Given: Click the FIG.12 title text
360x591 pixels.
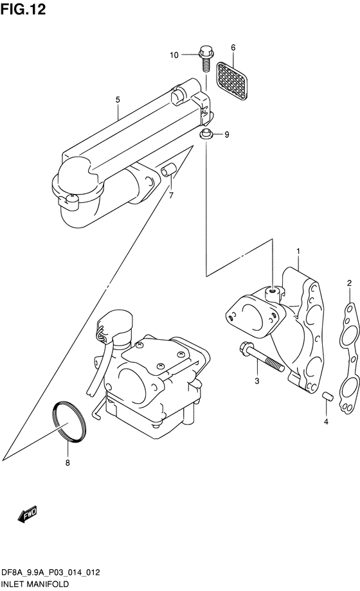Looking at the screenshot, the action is pos(23,9).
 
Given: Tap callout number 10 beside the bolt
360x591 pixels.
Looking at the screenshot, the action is pos(174,55).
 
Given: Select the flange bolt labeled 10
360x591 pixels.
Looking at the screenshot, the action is pos(205,59).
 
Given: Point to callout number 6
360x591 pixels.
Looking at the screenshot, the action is pos(233,48).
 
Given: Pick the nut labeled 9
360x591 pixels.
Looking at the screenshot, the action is pos(206,134).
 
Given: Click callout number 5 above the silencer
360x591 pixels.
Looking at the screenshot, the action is pos(118,100).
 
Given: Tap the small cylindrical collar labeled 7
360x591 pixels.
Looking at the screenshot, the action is pos(167,170).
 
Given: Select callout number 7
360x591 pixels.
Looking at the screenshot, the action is pos(171,196).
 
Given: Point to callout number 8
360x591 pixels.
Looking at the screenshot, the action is pos(67,463).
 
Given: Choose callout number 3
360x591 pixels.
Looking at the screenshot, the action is pos(257,381).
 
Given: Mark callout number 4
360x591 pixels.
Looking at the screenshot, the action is pos(326,422).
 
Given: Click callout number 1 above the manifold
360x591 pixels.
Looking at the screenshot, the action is pos(298,251).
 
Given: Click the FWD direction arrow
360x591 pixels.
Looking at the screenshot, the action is pos(27,514).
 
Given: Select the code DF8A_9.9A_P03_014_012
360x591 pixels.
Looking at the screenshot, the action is pos(51,572).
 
